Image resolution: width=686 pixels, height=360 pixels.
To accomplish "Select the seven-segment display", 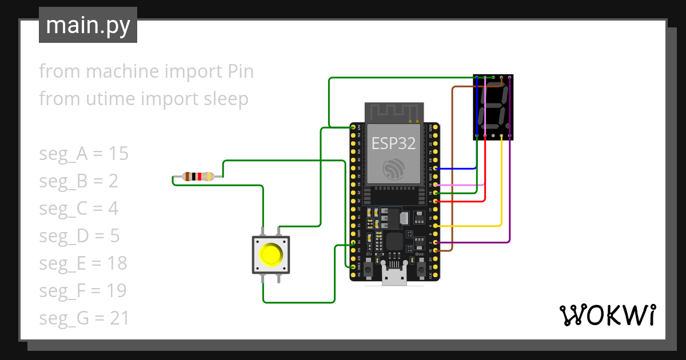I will pos(493,107).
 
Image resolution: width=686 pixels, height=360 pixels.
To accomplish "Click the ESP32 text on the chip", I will pos(393,143).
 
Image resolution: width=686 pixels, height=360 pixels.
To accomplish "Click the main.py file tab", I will pos(88,25).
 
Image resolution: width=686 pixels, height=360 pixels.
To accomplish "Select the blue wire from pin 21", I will pos(457,169).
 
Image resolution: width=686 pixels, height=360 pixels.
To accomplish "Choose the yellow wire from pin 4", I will pos(469,226).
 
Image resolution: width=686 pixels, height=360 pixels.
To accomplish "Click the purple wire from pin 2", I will pos(474,242).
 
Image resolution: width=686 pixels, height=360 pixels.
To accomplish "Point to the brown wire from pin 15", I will pos(453,171).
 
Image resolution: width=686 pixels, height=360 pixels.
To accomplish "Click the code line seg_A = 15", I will pos(83,154).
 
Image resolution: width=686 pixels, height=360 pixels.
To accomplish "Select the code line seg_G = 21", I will pos(83,318).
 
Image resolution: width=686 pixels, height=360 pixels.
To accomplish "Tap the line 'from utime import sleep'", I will pos(143,99).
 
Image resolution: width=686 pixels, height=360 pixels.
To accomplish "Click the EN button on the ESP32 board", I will pos(369,266).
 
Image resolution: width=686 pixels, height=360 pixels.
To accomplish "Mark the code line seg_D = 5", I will pos(79,236).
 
